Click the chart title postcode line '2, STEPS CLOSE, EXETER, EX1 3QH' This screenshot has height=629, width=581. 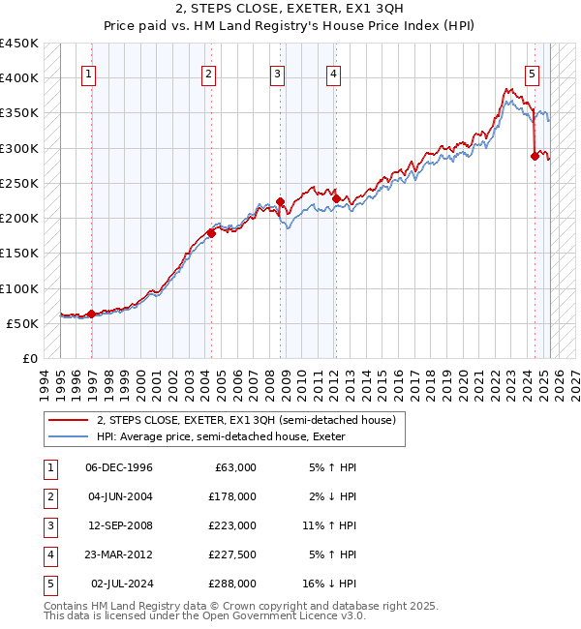click(x=290, y=8)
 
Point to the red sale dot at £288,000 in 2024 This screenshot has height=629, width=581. click(x=535, y=156)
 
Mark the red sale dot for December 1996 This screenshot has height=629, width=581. click(x=91, y=314)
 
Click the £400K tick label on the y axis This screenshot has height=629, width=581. click(x=18, y=77)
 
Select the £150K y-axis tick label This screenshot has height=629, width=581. click(x=18, y=253)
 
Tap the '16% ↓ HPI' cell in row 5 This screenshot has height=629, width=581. click(x=329, y=584)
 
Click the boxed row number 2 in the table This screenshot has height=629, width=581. click(x=49, y=496)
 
